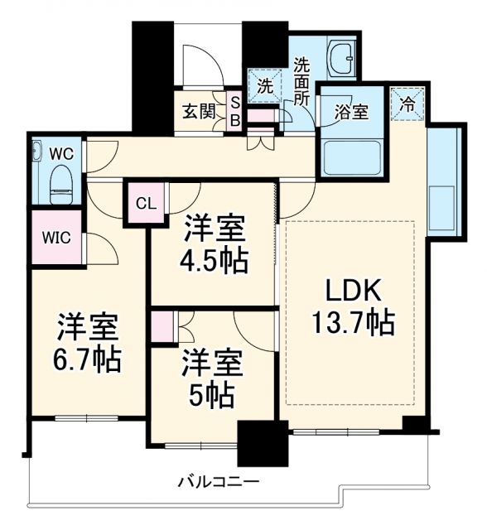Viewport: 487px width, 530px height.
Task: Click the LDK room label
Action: [351, 291]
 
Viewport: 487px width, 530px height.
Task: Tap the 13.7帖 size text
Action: [351, 322]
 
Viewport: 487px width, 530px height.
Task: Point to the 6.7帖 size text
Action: [88, 360]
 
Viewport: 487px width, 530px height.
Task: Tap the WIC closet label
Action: [56, 237]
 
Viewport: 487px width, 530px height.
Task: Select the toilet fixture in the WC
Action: [60, 183]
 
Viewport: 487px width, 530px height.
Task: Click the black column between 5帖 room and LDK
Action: [257, 442]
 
